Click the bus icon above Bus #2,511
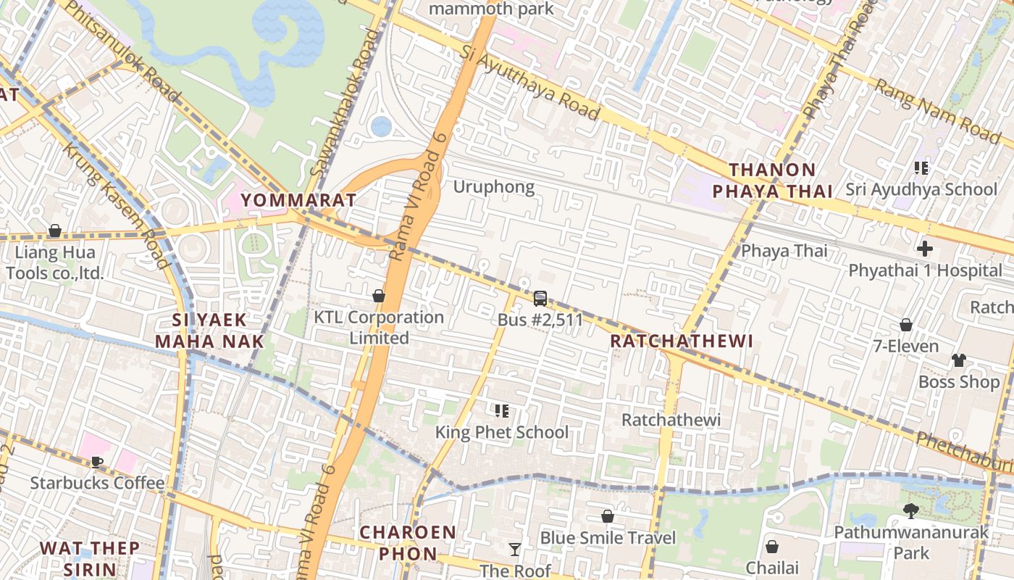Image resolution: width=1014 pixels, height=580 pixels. [x=540, y=298]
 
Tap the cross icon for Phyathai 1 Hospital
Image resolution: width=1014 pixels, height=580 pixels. [x=925, y=249]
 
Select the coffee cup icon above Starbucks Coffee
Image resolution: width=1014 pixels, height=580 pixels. [x=97, y=462]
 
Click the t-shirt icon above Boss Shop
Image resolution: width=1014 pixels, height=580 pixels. [x=958, y=360]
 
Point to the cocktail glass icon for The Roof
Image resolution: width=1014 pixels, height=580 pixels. [x=514, y=550]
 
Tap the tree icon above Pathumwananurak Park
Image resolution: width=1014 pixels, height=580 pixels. [x=911, y=511]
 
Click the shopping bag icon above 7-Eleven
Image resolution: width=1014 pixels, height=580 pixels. [x=905, y=325]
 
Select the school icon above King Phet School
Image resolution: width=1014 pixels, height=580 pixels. [x=501, y=411]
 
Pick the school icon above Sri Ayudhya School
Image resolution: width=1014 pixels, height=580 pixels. [x=921, y=168]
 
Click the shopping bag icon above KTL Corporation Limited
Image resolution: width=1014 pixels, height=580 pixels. [x=378, y=296]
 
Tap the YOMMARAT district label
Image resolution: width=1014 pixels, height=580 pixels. [x=298, y=200]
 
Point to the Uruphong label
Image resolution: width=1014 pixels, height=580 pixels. [x=494, y=187]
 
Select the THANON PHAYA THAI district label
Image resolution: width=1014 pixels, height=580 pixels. [x=772, y=181]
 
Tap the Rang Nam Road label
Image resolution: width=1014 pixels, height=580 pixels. [x=937, y=110]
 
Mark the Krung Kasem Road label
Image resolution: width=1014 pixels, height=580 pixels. [x=116, y=205]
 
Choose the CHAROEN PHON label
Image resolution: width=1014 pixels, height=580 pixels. [x=408, y=543]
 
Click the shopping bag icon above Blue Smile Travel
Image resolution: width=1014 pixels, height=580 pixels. [x=608, y=516]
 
